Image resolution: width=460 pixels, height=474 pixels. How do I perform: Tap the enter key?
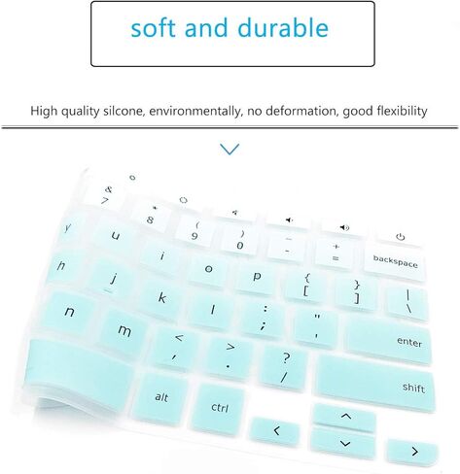[389, 340]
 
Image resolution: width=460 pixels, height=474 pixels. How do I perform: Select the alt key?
[160, 395]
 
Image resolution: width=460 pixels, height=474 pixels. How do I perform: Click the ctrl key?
[219, 407]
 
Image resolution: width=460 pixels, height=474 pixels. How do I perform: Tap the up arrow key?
[344, 417]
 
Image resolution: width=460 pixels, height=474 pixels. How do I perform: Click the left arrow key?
[275, 430]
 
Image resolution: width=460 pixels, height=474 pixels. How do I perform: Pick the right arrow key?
[412, 452]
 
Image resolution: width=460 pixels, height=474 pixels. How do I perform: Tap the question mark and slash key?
[284, 366]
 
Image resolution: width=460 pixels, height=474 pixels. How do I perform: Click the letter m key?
[124, 329]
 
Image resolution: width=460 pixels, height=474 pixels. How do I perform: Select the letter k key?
[161, 297]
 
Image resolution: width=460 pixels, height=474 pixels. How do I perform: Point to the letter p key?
[256, 277]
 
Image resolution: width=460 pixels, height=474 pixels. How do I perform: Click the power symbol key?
[400, 237]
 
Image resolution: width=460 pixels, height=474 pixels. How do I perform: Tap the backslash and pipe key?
[407, 301]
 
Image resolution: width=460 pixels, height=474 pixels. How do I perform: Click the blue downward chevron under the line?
[230, 149]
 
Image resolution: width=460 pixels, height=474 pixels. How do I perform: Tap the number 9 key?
[195, 231]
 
